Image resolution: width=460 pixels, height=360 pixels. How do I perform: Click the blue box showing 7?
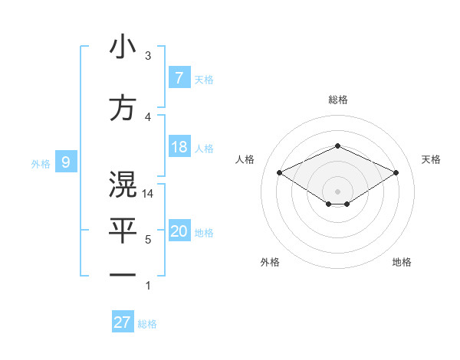(179, 78)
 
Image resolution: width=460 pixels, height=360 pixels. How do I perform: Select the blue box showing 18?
(179, 147)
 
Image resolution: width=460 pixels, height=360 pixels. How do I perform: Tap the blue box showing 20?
(179, 231)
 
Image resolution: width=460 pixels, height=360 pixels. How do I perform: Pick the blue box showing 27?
(123, 322)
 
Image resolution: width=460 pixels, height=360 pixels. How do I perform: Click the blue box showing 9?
(66, 162)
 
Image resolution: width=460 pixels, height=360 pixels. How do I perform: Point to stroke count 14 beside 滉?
(149, 194)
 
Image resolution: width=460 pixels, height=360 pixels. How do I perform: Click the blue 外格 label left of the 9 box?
(41, 163)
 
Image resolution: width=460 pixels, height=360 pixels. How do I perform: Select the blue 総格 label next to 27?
(147, 324)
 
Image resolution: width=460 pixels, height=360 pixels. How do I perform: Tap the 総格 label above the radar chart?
(337, 100)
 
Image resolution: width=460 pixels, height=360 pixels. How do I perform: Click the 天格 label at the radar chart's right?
(431, 159)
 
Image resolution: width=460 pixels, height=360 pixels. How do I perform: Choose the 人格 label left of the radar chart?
(245, 159)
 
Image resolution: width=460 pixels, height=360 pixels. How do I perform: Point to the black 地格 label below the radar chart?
(402, 262)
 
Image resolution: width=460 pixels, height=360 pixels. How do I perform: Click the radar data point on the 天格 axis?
(396, 173)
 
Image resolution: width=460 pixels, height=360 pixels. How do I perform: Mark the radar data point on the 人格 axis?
(280, 173)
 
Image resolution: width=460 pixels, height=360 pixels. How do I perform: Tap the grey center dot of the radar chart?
(337, 191)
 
